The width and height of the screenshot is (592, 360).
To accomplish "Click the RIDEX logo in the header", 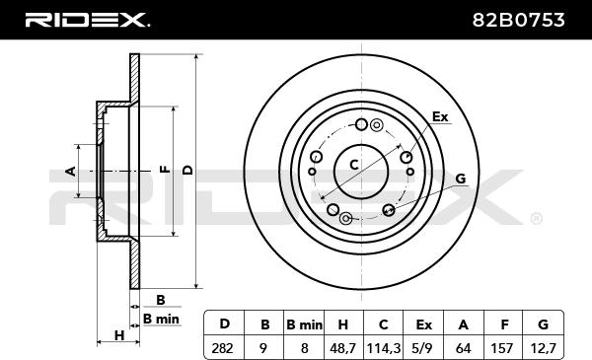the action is coord(87,20).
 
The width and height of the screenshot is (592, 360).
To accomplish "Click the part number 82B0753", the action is coord(518,20).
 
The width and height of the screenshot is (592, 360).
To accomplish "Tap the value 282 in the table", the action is coord(222,348).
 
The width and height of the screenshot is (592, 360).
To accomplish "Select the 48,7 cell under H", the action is coord(342,348).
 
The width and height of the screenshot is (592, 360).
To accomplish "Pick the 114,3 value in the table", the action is coord(383,348).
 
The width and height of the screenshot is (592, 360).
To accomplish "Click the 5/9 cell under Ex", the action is coord(423,348).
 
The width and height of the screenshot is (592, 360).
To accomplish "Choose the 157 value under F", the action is coord(502,348).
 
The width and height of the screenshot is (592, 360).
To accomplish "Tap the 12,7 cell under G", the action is coord(543,348).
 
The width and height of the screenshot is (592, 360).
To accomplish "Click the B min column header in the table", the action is coord(304,324).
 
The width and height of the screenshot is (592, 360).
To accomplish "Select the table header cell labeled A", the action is coord(464,324).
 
